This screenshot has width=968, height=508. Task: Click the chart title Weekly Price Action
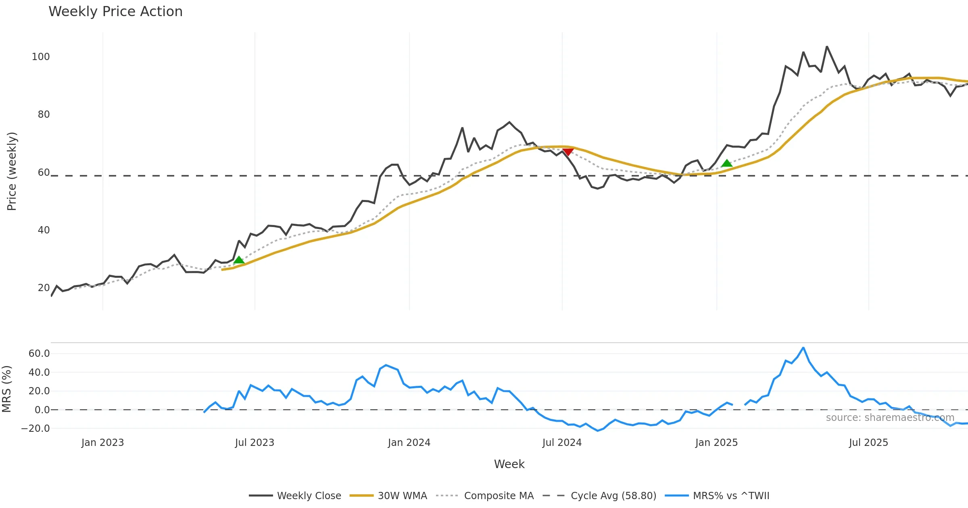pos(115,12)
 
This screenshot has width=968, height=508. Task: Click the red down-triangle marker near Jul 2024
pos(568,152)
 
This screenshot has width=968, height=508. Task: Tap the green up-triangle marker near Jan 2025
pos(727,163)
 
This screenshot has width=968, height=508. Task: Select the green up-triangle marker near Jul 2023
pos(239,260)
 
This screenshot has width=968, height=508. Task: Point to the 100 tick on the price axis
pos(41,57)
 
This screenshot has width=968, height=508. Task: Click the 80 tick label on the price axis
pos(44,115)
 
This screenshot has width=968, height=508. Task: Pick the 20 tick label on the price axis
pos(44,288)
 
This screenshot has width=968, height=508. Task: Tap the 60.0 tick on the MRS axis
pos(39,354)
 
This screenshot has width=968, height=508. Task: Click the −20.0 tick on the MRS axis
pos(35,429)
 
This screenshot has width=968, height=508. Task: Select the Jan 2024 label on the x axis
pos(409,443)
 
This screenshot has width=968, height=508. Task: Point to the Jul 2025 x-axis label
pos(868,443)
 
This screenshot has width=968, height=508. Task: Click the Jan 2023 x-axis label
pos(102,443)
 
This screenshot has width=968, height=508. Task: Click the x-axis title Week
pos(509,464)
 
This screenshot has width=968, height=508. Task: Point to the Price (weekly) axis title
pos(12,171)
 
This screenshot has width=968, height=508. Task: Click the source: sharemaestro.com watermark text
pos(890,418)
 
